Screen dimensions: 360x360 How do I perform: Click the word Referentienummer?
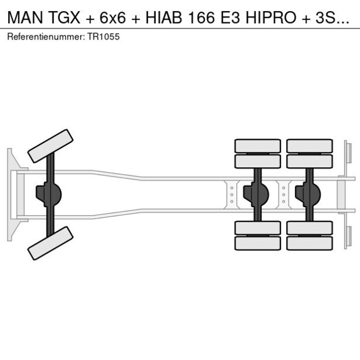(44, 37)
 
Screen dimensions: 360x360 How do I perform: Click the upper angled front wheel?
(51, 146)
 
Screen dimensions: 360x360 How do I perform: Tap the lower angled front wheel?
(51, 243)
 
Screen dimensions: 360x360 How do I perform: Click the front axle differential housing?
(50, 194)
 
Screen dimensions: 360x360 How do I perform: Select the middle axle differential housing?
(257, 194)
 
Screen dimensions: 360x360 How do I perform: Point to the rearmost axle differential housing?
(308, 194)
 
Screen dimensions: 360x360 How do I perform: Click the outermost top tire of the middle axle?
(257, 146)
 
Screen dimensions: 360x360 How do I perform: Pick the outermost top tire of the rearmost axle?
(309, 146)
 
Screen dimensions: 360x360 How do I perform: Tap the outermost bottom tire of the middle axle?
(257, 243)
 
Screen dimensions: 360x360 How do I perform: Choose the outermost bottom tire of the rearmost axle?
(309, 243)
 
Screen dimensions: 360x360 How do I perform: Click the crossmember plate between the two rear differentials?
(283, 194)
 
